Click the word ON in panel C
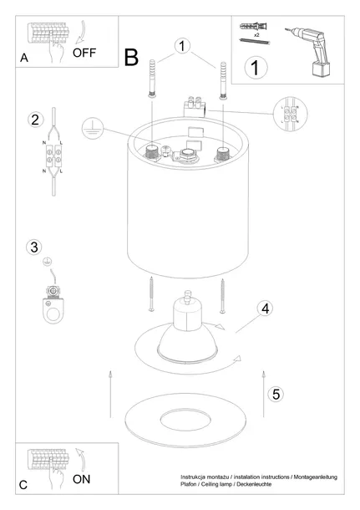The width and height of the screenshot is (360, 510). (83, 481)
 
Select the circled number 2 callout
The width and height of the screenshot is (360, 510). (34, 120)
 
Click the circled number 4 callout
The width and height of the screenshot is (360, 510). (265, 309)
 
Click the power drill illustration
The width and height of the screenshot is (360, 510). (312, 50)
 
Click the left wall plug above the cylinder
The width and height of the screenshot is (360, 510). (151, 79)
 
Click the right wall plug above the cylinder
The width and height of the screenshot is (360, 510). (223, 80)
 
